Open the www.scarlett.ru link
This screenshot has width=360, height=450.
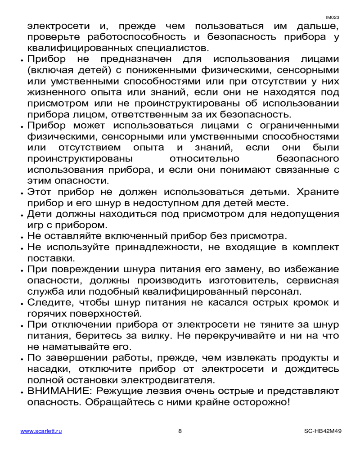tap(41, 431)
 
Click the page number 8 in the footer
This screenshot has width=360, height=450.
tap(180, 431)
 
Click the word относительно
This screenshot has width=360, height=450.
tap(205, 159)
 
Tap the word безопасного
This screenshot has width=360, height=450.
tap(307, 159)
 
